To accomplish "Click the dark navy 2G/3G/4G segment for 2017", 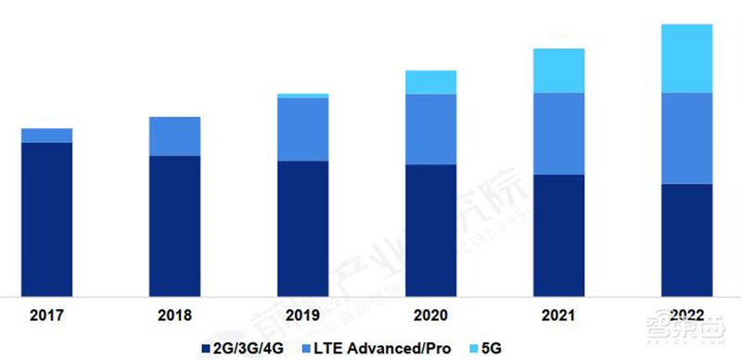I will click(46, 218).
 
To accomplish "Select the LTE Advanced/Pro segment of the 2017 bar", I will click(46, 135).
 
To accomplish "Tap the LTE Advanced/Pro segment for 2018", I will click(174, 136).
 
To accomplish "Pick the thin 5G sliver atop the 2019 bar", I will click(302, 96).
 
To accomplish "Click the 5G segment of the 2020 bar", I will click(430, 82).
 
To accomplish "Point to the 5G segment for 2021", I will click(558, 71).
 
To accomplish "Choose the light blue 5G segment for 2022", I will click(686, 58).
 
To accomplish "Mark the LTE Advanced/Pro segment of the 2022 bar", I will click(686, 138).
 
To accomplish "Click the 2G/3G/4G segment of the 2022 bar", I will click(686, 238).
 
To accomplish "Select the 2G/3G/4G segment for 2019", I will click(302, 227).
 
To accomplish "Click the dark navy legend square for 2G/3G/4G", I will click(206, 348).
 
